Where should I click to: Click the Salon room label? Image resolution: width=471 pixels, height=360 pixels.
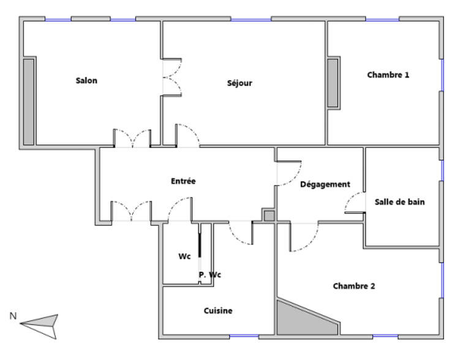click(86, 80)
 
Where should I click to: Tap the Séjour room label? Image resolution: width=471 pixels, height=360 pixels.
click(239, 83)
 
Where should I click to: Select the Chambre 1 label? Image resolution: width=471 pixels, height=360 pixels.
click(388, 75)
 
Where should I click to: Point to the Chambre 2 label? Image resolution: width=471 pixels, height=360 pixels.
click(353, 286)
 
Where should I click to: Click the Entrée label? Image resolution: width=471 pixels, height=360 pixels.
click(183, 181)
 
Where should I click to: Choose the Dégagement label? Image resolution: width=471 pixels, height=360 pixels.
click(325, 184)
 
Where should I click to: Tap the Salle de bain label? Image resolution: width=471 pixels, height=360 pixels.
click(400, 201)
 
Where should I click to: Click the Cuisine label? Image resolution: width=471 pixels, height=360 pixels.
click(218, 310)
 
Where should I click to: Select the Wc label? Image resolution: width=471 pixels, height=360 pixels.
click(184, 257)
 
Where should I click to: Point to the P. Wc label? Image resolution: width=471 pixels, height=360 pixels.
click(209, 275)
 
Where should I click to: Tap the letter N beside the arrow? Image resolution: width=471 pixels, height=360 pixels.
click(12, 316)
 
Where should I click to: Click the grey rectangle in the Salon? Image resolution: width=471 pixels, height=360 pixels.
click(28, 102)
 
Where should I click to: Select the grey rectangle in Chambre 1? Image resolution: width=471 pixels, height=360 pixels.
click(333, 83)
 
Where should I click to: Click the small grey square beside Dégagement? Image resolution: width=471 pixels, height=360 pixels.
click(269, 216)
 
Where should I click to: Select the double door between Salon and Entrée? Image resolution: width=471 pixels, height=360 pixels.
click(133, 139)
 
